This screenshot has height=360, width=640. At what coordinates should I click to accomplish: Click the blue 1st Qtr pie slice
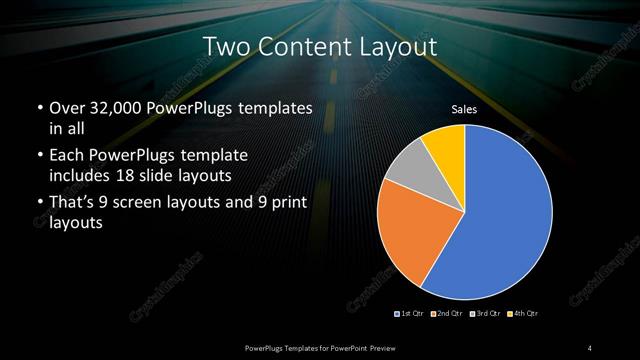tap(505, 220)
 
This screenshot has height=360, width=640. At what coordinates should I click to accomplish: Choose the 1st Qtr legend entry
tap(410, 314)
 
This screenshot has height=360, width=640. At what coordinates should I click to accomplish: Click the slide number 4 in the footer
tap(590, 347)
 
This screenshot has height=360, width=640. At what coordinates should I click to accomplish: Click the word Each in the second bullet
tap(68, 157)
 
